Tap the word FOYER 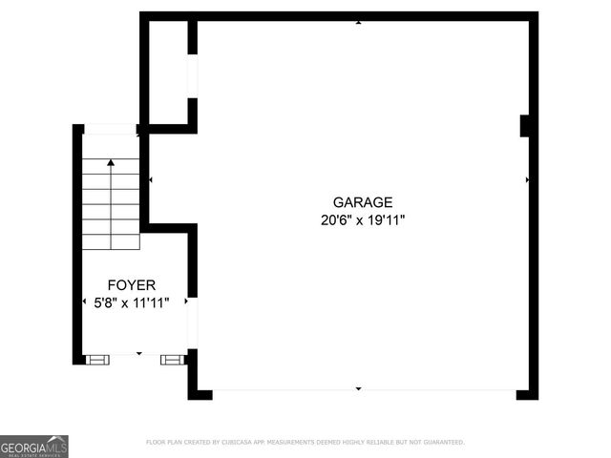pyautogui.click(x=131, y=284)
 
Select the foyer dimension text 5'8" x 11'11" pyautogui.click(x=131, y=302)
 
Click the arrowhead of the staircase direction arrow pyautogui.click(x=111, y=164)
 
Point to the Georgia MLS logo pyautogui.click(x=34, y=446)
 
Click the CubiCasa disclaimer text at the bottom pyautogui.click(x=305, y=442)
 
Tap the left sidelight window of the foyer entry pyautogui.click(x=97, y=360)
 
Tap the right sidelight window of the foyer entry pyautogui.click(x=171, y=360)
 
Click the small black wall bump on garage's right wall pyautogui.click(x=524, y=126)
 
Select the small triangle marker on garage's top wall pyautogui.click(x=358, y=22)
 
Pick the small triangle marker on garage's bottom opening pyautogui.click(x=358, y=388)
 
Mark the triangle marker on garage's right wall pyautogui.click(x=527, y=179)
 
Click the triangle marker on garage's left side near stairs pyautogui.click(x=151, y=179)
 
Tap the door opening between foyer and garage pyautogui.click(x=192, y=323)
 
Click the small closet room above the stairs pyautogui.click(x=169, y=72)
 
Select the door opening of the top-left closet pyautogui.click(x=192, y=75)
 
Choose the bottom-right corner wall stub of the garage pyautogui.click(x=527, y=394)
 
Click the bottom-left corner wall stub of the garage pyautogui.click(x=199, y=394)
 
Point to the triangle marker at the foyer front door pyautogui.click(x=138, y=354)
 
